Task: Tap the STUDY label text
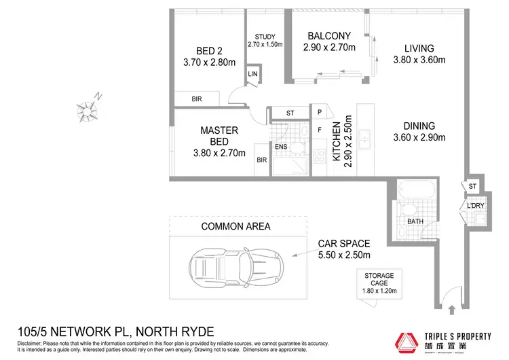[264, 37]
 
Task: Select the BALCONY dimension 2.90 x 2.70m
[328, 48]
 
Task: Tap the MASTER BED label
[218, 136]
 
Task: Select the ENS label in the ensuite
[281, 145]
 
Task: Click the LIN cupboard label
[252, 74]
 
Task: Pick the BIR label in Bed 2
[197, 99]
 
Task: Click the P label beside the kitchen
[320, 113]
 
